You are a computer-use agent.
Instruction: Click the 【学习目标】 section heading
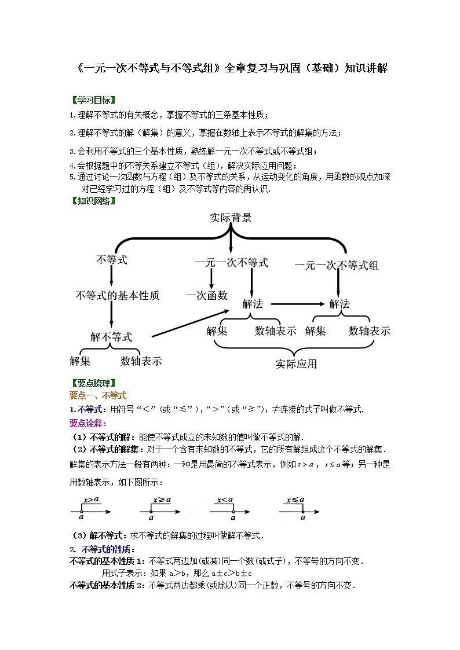tap(93, 100)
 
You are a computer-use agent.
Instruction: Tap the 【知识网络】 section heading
tap(93, 201)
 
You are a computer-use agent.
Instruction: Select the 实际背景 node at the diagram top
tap(231, 218)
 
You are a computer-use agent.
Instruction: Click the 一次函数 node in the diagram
tap(207, 295)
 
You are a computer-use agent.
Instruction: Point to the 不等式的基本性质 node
tap(118, 295)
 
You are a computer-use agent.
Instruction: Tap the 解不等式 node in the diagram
tap(111, 337)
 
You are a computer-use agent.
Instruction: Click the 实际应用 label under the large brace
tap(296, 364)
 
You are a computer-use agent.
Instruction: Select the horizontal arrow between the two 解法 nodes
tap(297, 303)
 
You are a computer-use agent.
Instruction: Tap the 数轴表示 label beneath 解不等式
tap(141, 361)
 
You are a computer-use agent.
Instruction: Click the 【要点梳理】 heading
tap(93, 383)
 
